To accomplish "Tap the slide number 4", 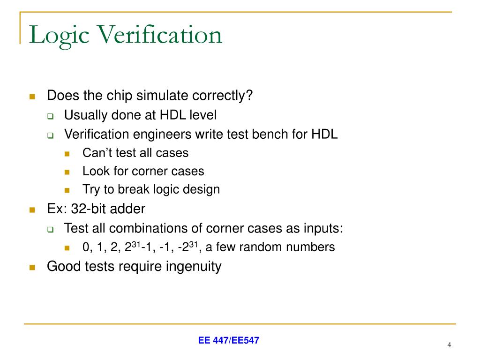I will point(449,345).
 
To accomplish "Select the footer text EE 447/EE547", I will point(228,341).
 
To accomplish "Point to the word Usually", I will point(81,115).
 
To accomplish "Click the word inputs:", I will point(324,228).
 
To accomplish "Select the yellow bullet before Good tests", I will point(32,268).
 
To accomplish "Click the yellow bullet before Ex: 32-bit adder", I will point(32,210).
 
